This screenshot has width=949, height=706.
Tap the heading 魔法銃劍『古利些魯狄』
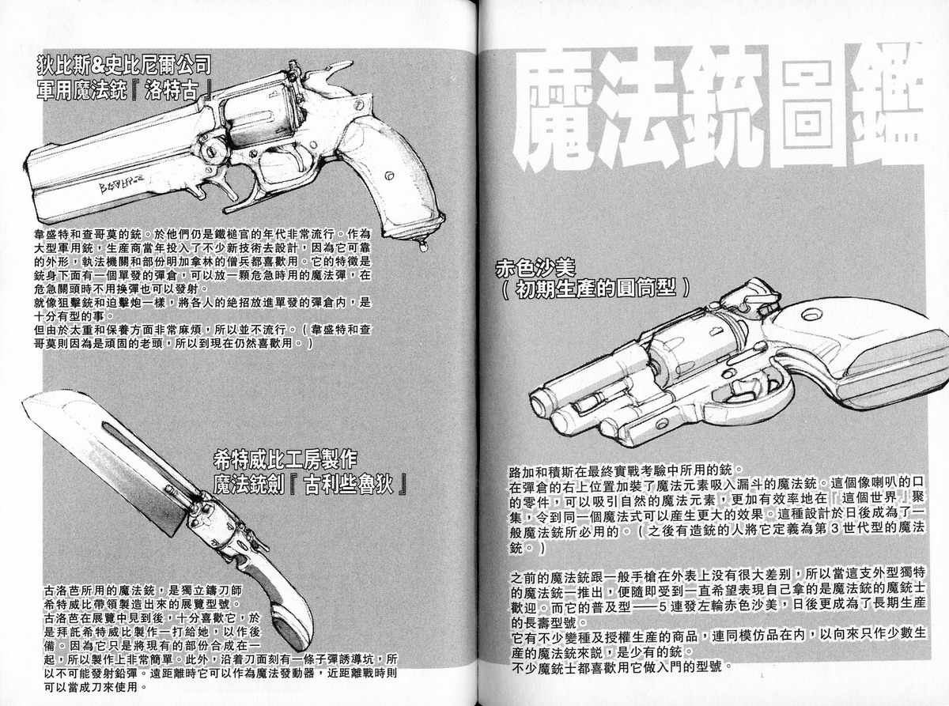(x=310, y=485)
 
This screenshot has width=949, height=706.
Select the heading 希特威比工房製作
(x=285, y=460)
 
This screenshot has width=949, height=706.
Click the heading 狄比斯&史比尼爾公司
(x=124, y=65)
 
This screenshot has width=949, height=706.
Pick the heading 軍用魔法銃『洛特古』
(x=124, y=91)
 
